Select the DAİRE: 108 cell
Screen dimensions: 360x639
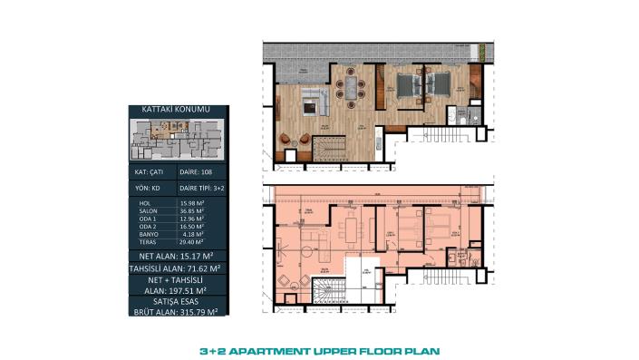(x=202, y=170)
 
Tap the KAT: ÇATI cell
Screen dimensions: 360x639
(x=150, y=170)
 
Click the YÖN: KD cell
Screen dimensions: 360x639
(x=150, y=189)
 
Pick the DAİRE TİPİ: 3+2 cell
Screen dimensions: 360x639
(x=202, y=189)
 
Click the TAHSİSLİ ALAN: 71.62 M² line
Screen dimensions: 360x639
(x=177, y=269)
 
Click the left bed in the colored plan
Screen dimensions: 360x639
(x=403, y=86)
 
